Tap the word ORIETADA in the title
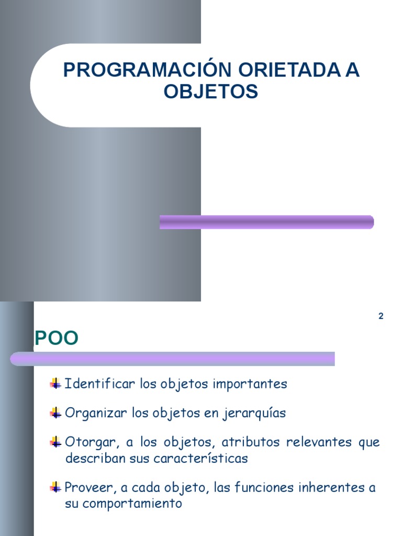click(x=278, y=71)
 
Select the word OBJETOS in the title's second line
click(x=211, y=92)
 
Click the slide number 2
click(x=381, y=316)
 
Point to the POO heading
click(x=56, y=339)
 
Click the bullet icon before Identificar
click(x=55, y=384)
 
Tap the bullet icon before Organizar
click(x=55, y=414)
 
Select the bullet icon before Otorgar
click(x=55, y=443)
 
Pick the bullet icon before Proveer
click(x=55, y=488)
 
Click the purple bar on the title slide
click(x=266, y=222)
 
